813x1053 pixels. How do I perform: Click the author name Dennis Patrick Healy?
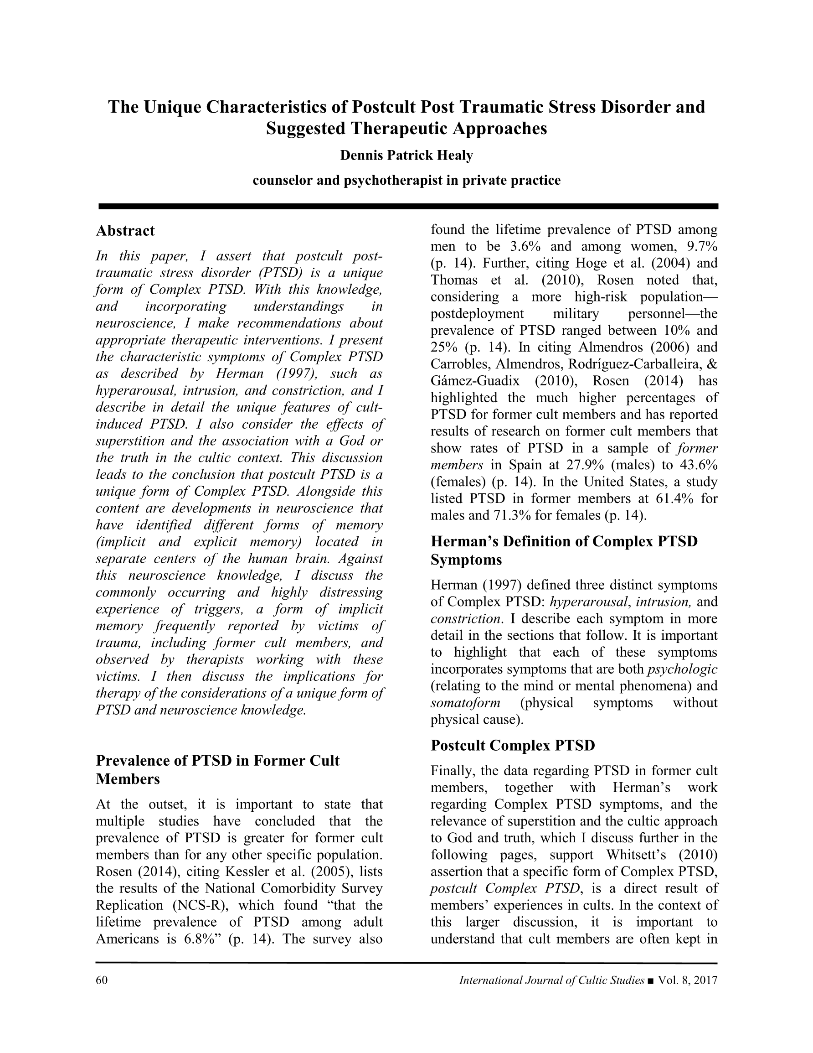pos(406,156)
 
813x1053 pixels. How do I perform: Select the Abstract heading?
pos(125,231)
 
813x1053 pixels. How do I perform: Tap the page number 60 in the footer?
pos(102,980)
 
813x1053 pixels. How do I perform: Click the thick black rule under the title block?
pos(408,206)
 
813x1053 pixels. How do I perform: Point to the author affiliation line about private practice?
pos(406,181)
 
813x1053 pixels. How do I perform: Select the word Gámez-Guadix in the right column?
pos(475,381)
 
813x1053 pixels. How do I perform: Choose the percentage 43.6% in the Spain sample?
pos(697,465)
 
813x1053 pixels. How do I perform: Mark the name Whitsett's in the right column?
pos(638,855)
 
